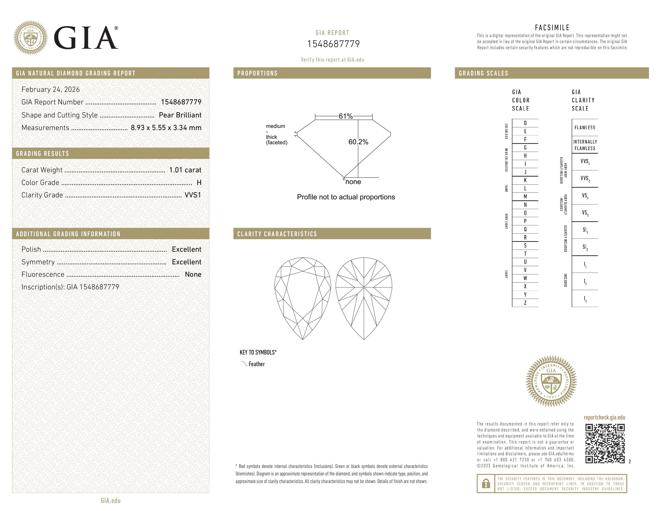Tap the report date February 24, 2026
(x=50, y=89)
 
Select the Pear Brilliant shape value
(x=180, y=115)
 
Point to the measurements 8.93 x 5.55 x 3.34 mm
(x=166, y=128)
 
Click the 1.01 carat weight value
(x=185, y=170)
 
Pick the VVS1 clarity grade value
(x=193, y=195)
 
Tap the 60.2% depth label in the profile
(x=358, y=142)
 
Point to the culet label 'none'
(x=353, y=182)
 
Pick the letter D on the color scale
(x=525, y=123)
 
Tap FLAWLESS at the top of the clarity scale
(x=585, y=127)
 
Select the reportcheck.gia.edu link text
(x=604, y=417)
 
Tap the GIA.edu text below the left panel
(x=111, y=501)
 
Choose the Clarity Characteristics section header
(x=277, y=234)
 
